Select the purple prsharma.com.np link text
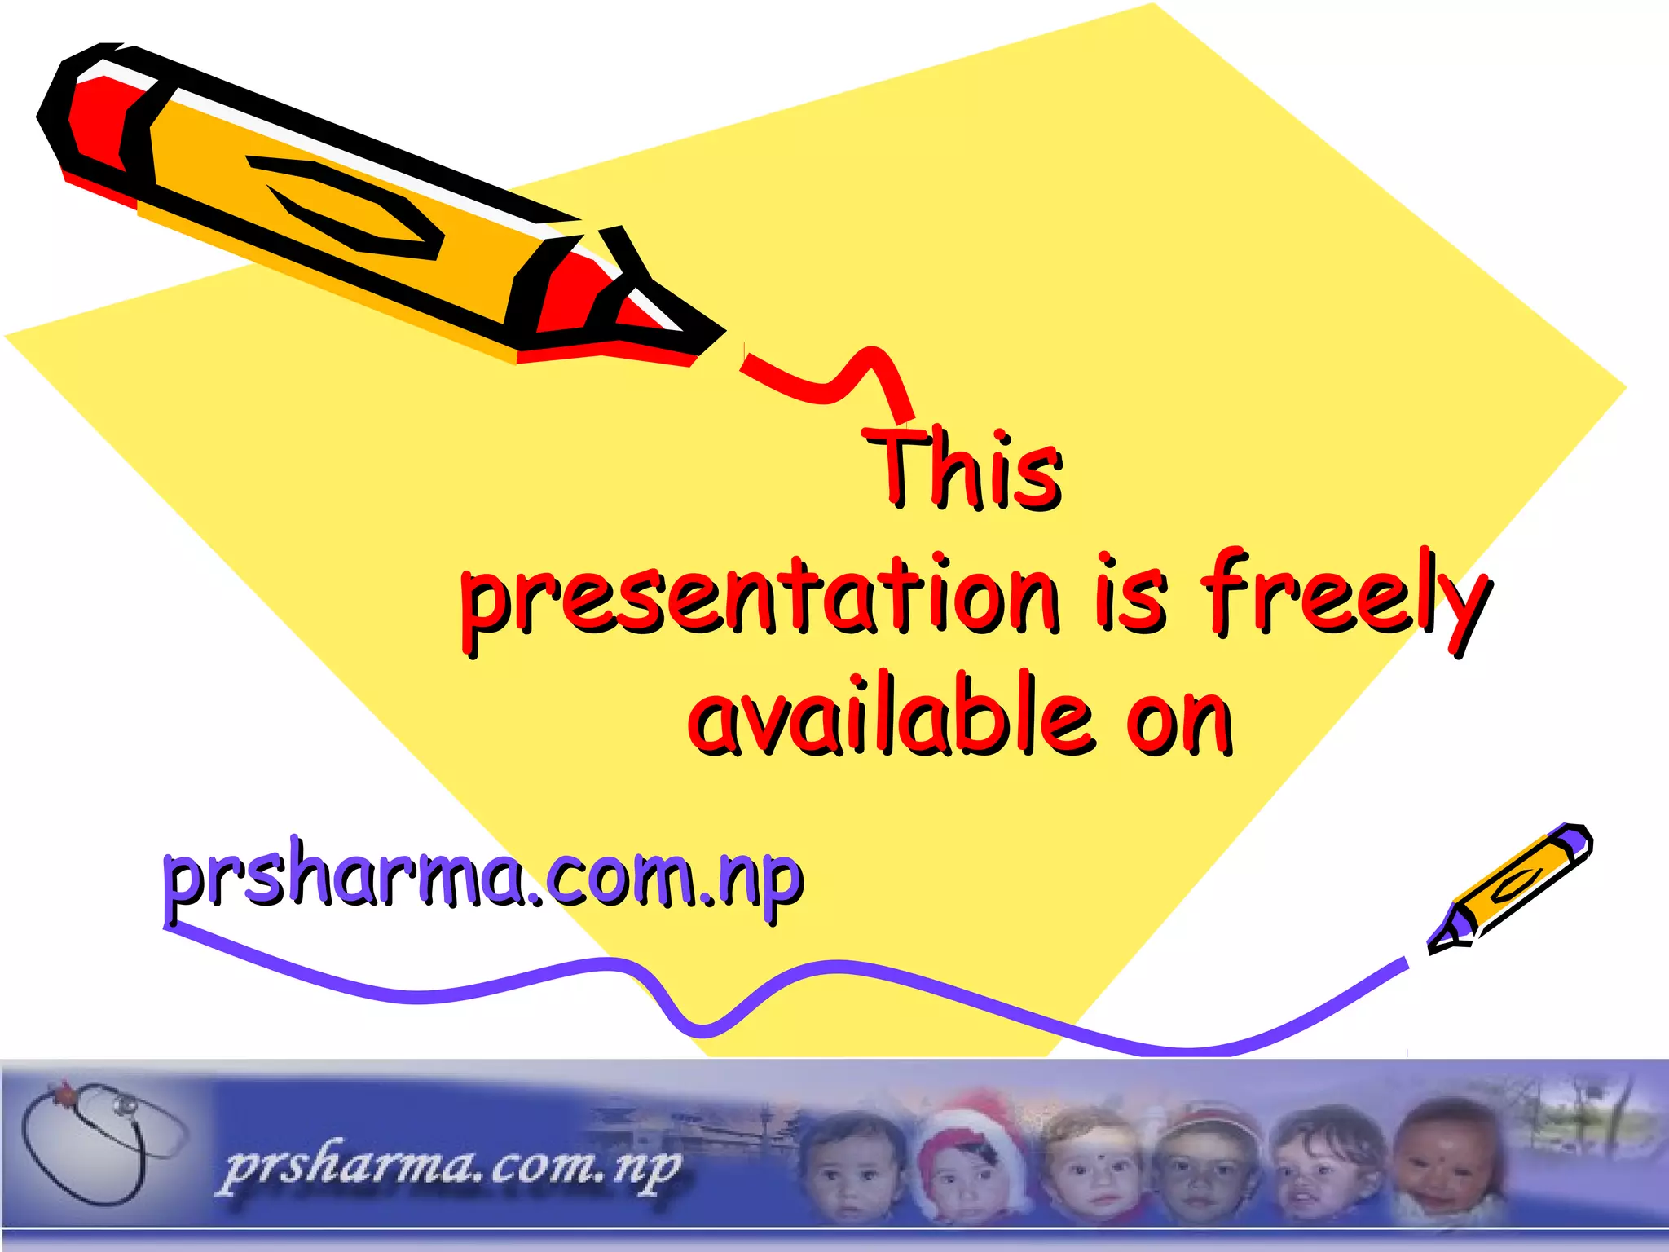[483, 879]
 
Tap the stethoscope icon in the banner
[98, 1141]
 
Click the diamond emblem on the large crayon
[346, 204]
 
